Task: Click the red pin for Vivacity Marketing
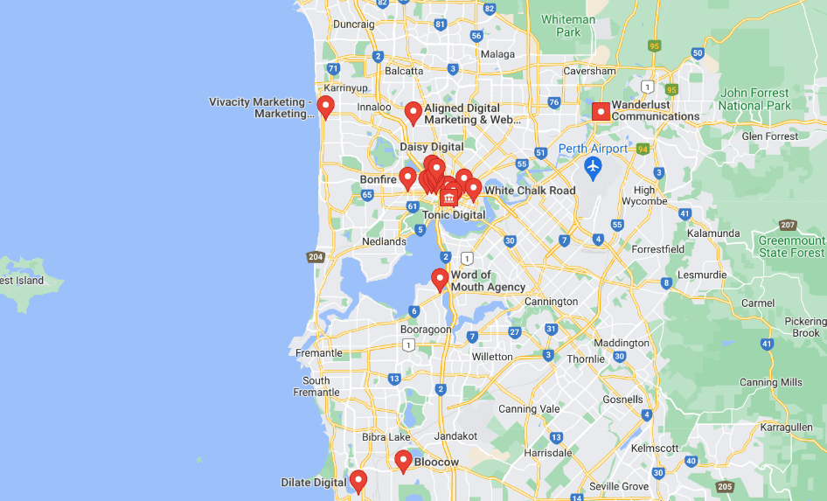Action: point(326,107)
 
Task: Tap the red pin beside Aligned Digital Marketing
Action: point(413,113)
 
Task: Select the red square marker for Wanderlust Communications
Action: point(601,111)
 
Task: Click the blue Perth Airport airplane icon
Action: point(594,166)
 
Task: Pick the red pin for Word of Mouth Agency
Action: point(441,279)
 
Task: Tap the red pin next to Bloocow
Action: point(403,460)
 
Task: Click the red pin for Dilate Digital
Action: point(358,481)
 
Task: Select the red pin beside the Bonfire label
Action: point(407,178)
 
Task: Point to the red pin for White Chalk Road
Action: point(473,188)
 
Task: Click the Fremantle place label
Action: point(319,353)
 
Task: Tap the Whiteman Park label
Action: point(567,25)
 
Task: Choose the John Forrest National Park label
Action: point(754,99)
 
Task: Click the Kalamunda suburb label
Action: point(714,233)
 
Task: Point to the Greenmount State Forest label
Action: point(791,247)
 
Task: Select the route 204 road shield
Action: point(316,257)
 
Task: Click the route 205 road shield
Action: point(724,487)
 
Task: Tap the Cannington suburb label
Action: point(551,302)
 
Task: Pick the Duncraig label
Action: point(353,24)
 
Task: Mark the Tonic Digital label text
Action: point(454,215)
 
